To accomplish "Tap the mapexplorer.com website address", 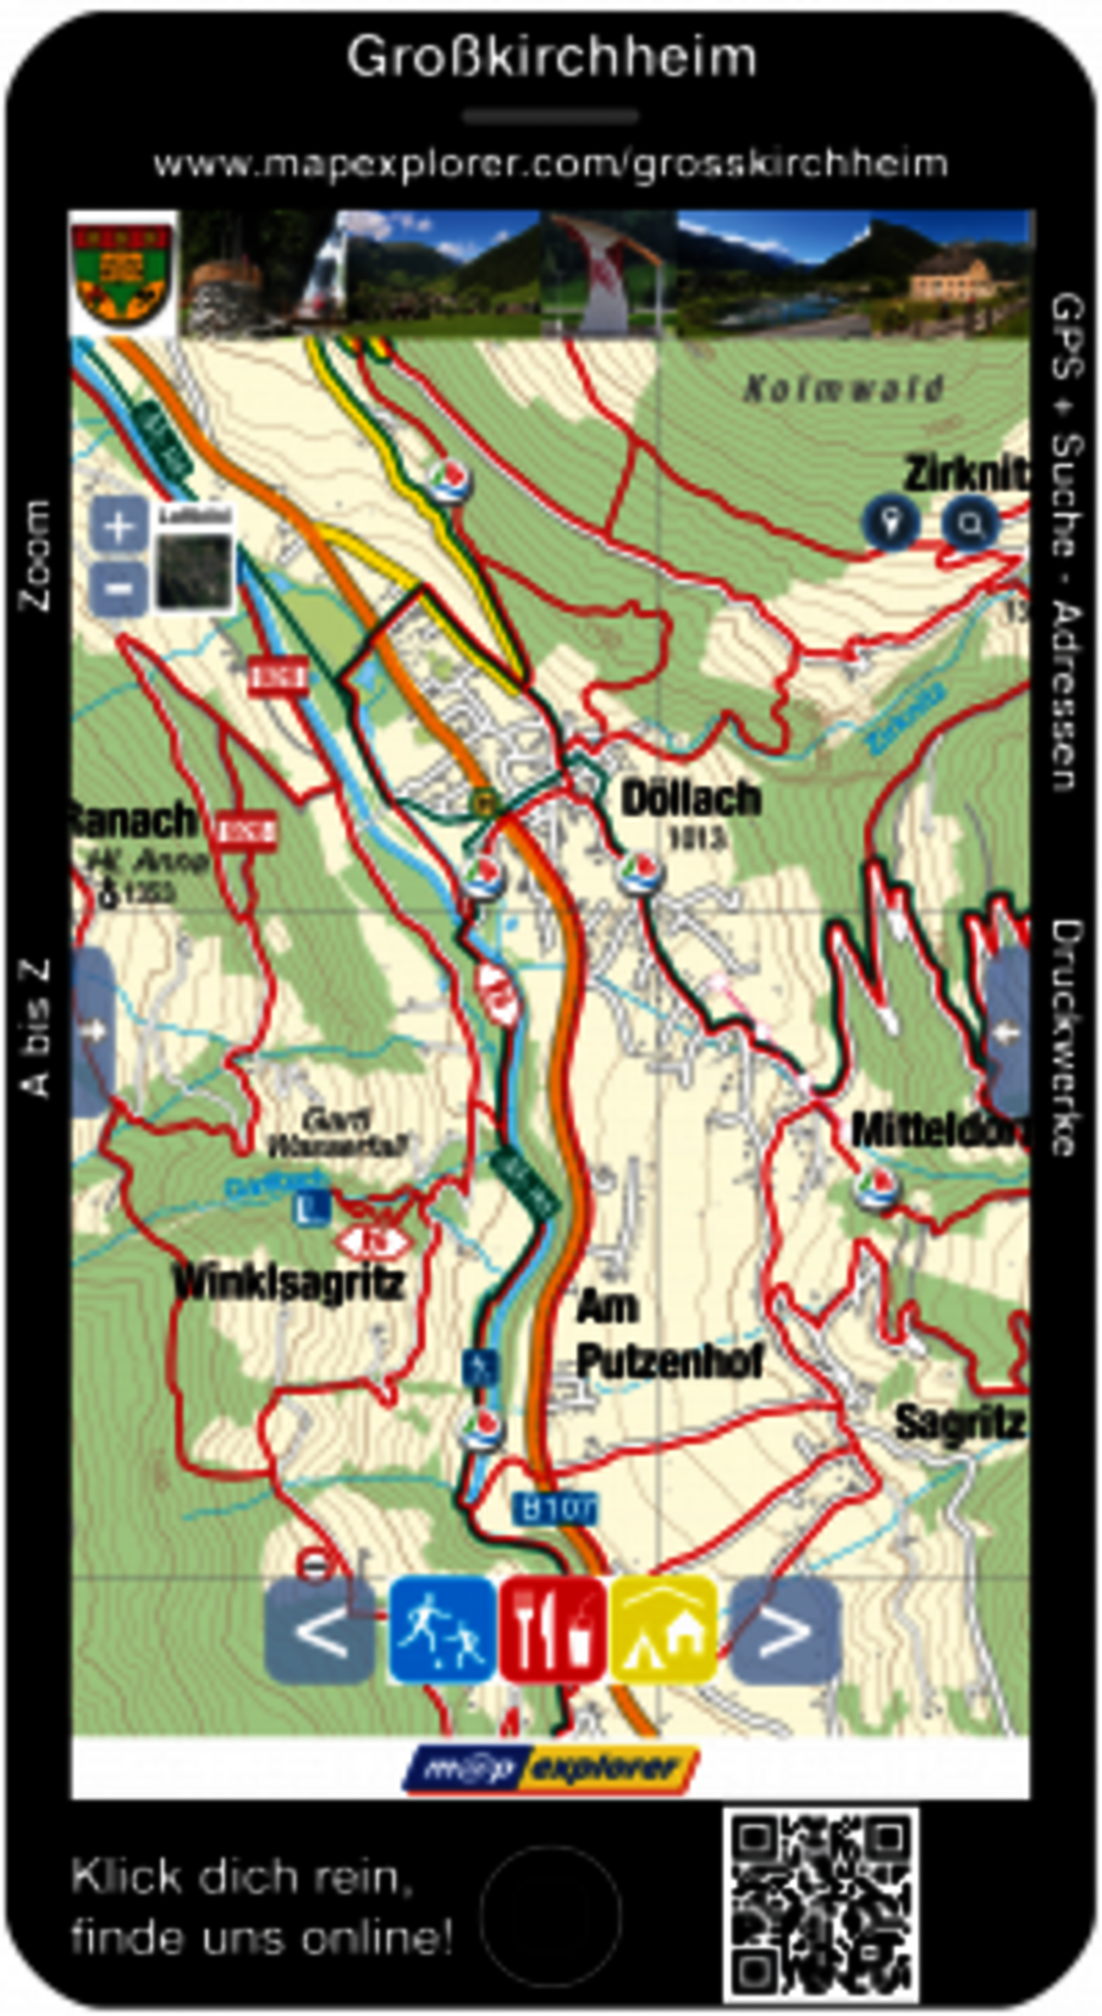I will click(x=551, y=163).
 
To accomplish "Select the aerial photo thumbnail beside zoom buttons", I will click(x=195, y=569).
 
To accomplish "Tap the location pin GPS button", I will click(x=891, y=522).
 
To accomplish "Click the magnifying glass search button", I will click(x=970, y=522).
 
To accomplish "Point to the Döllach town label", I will click(x=691, y=799).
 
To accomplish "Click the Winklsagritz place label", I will click(x=288, y=1283).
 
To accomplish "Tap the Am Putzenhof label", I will click(x=667, y=1335).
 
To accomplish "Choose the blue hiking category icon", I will click(x=443, y=1629).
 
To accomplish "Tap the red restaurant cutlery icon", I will click(x=553, y=1629).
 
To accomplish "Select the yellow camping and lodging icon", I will click(x=664, y=1629).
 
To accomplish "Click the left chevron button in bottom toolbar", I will click(x=319, y=1629).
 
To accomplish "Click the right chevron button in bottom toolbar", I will click(x=784, y=1629).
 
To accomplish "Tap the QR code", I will click(x=820, y=1904).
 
